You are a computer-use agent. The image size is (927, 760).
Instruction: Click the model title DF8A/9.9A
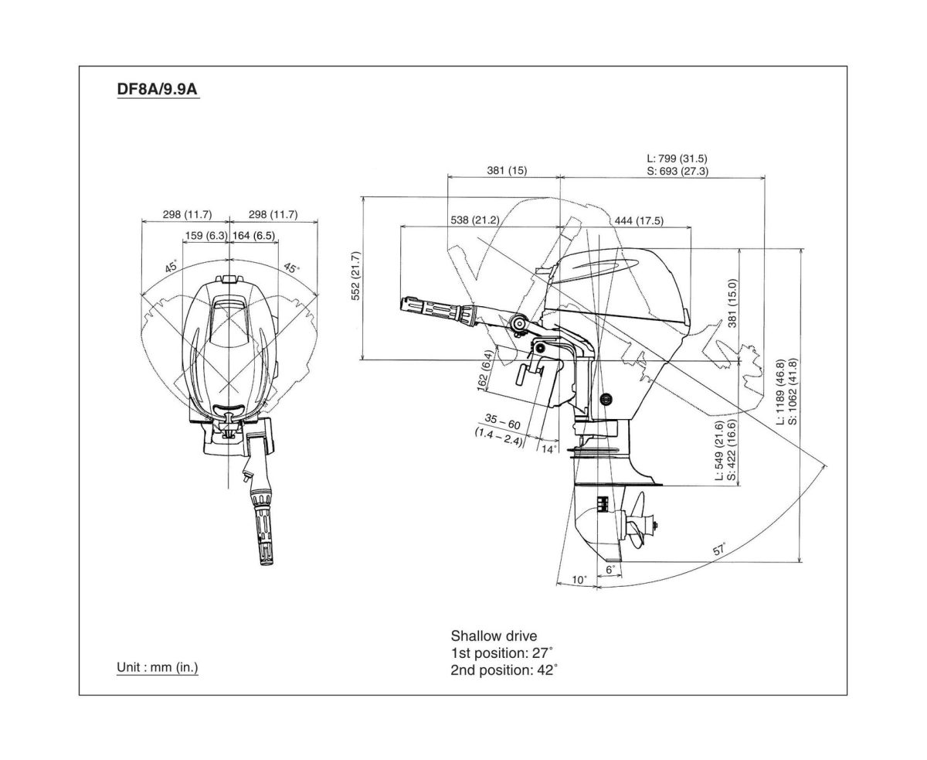[x=158, y=90]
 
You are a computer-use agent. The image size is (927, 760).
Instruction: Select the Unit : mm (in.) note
[x=157, y=666]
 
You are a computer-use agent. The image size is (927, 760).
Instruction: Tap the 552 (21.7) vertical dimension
[x=355, y=278]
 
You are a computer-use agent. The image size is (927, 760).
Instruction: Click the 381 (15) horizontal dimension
[x=507, y=171]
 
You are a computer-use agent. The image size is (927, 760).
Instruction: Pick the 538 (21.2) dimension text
[x=474, y=220]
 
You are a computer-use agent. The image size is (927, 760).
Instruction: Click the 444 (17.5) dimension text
[x=638, y=220]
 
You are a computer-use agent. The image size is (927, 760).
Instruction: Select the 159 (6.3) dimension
[x=205, y=236]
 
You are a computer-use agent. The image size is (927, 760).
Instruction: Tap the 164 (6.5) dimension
[x=253, y=236]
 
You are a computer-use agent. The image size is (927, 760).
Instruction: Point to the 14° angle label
[x=548, y=448]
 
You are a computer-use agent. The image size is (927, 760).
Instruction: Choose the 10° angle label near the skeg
[x=579, y=579]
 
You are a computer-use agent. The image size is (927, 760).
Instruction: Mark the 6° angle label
[x=610, y=569]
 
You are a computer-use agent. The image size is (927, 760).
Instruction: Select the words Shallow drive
[x=494, y=636]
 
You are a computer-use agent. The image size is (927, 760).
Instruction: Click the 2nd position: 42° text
[x=504, y=670]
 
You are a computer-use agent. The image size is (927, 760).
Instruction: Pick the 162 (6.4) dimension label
[x=484, y=371]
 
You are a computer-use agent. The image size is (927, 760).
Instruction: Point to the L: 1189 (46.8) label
[x=780, y=392]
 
